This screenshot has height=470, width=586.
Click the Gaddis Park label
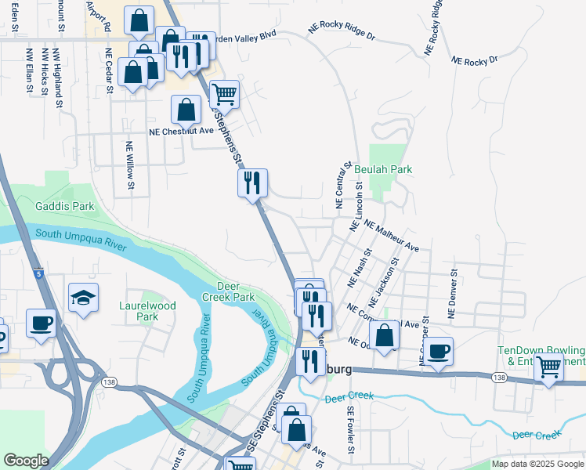pos(64,206)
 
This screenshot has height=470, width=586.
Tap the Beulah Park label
pos(382,169)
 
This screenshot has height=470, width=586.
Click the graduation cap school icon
pos(83,298)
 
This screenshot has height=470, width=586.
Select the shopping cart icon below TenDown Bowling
pos(548,367)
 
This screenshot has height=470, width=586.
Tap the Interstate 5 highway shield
pos(38,274)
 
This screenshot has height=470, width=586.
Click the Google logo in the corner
pos(25,460)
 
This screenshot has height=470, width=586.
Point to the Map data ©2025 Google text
pos(537,464)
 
